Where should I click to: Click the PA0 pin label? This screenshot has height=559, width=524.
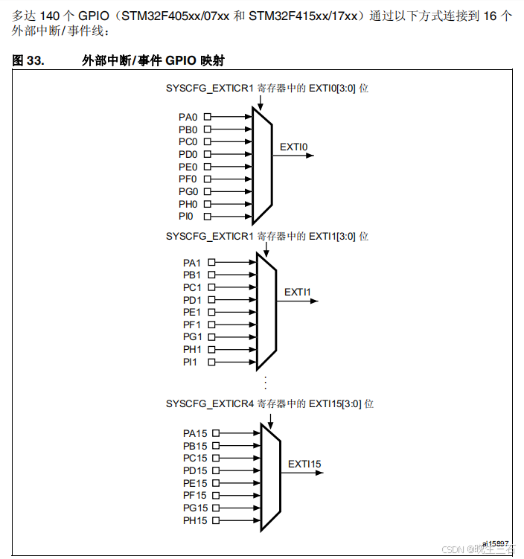[x=188, y=117]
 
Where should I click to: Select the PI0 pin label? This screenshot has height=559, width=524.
[x=186, y=217]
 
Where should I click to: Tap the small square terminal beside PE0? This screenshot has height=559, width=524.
[x=208, y=167]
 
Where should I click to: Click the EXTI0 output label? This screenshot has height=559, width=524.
[x=294, y=147]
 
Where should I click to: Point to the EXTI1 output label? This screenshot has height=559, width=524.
[x=298, y=292]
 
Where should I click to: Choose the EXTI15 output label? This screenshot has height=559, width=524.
[x=305, y=464]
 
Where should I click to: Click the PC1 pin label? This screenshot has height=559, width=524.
[x=192, y=287]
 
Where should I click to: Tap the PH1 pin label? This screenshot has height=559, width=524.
[x=192, y=349]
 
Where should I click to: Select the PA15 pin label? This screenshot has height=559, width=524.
[x=195, y=433]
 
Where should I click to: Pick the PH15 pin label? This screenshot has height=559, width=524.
[x=195, y=520]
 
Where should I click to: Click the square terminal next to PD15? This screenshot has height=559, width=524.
[x=217, y=470]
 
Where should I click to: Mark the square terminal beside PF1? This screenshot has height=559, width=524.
[x=212, y=325]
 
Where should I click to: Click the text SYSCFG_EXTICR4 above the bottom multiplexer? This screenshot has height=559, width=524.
[x=210, y=403]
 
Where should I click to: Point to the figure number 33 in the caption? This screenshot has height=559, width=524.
[x=35, y=61]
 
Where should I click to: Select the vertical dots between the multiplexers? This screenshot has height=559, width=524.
[x=265, y=383]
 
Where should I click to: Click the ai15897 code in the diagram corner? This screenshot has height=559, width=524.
[x=495, y=544]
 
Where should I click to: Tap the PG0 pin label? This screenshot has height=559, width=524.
[x=188, y=191]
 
